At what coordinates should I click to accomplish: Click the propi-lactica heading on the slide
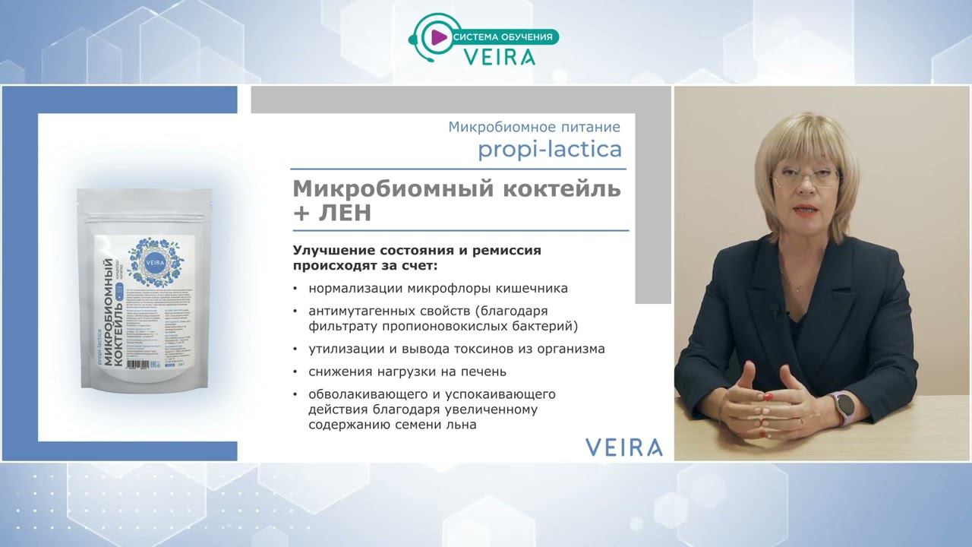549,150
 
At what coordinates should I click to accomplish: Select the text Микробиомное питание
534,127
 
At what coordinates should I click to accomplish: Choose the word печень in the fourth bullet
485,372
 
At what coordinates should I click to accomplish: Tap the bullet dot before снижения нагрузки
295,372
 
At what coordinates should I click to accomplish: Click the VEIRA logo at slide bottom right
623,447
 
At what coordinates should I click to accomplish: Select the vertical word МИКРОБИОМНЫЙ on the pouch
118,312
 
